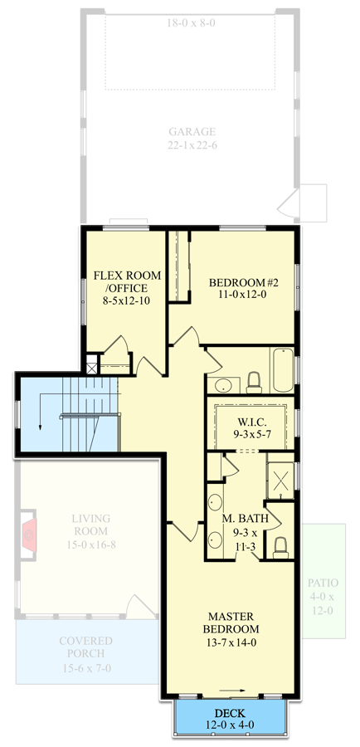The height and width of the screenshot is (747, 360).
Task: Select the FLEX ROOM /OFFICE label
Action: click(x=126, y=287)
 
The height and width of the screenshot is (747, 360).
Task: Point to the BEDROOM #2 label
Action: click(x=243, y=288)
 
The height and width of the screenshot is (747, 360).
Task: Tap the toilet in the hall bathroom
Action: click(x=254, y=382)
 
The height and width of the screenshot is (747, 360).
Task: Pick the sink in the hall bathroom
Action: click(x=221, y=384)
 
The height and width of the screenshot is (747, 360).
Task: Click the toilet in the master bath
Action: click(x=280, y=545)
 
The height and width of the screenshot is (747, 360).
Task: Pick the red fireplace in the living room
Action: click(x=29, y=536)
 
